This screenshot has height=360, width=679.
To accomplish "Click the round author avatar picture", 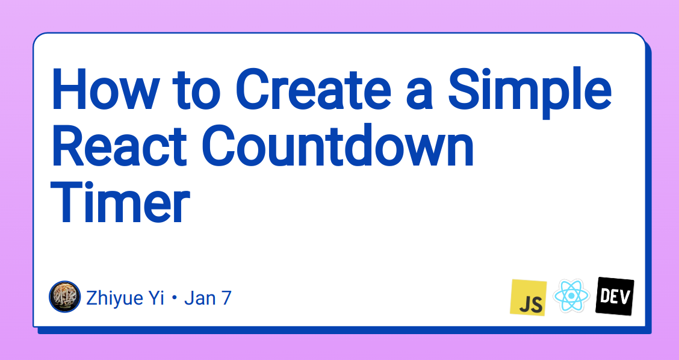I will (64, 297).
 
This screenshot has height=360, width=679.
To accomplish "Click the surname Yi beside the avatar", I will (158, 298).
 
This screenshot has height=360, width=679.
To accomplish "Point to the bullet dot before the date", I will (175, 299).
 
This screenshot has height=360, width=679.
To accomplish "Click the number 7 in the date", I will (226, 298).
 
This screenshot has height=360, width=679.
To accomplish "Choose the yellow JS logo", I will (529, 297).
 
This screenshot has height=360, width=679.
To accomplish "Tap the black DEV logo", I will (615, 297).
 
